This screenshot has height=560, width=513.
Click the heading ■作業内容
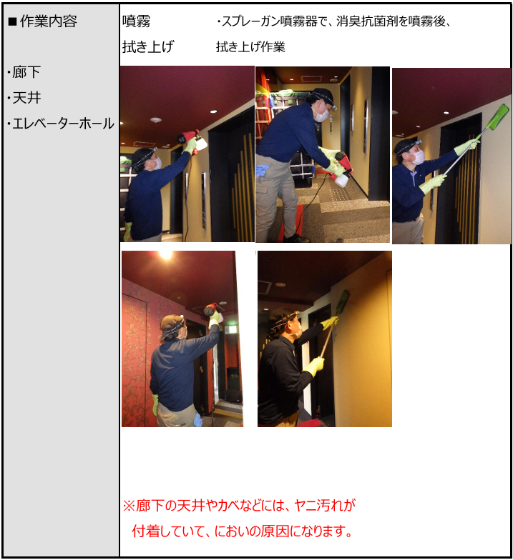[x=42, y=21]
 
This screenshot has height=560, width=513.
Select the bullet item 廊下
[x=24, y=72]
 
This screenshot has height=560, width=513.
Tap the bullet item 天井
[x=24, y=98]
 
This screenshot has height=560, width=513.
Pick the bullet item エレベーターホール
[x=61, y=124]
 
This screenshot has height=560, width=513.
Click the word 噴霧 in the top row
[x=136, y=21]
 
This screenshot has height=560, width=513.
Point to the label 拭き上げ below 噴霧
[x=148, y=47]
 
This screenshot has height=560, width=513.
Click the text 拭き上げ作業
[x=250, y=47]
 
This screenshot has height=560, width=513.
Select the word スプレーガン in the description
[x=250, y=21]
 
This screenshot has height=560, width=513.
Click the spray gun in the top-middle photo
[x=342, y=170]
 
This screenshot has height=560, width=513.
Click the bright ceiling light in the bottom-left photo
[x=166, y=254]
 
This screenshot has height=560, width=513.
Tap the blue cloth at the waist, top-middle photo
[x=263, y=170]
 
